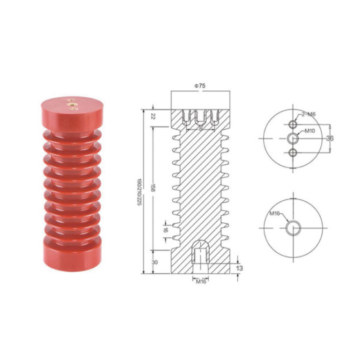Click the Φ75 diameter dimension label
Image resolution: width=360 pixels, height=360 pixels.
[x=200, y=85]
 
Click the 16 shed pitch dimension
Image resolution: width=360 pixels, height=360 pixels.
[x=166, y=229]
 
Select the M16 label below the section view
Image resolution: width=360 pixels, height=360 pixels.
[x=200, y=282]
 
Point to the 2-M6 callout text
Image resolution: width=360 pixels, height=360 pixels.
[x=309, y=114]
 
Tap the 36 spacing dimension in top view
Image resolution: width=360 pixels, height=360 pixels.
[x=330, y=139]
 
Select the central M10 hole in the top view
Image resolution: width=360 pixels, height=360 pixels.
[x=293, y=138]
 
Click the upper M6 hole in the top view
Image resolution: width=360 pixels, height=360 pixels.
[x=293, y=124]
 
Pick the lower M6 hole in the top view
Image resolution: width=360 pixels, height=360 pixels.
[x=293, y=152]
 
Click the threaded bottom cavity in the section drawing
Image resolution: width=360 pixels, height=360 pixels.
[x=200, y=254]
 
